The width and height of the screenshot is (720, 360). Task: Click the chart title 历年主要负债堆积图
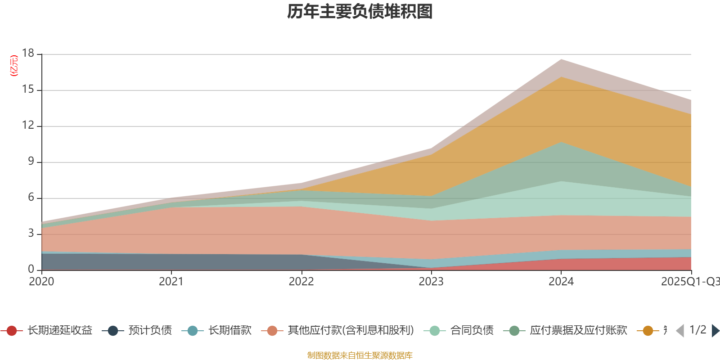click(360, 12)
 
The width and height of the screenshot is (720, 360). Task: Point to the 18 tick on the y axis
click(28, 53)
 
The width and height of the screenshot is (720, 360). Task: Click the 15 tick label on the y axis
click(28, 90)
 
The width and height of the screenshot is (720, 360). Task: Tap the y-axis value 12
click(28, 125)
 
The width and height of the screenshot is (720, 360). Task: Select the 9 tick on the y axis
click(31, 161)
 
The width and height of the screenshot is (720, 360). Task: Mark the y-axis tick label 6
click(31, 197)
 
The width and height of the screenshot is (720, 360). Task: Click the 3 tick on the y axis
click(31, 233)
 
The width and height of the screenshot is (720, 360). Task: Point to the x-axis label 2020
click(41, 282)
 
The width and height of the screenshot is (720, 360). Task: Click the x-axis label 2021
click(171, 282)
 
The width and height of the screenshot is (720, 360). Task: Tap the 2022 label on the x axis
click(301, 282)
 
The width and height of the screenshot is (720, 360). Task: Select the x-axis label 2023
click(431, 282)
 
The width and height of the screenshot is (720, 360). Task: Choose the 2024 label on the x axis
click(561, 282)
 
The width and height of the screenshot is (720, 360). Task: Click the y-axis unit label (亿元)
click(14, 66)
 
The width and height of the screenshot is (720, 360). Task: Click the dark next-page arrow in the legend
click(715, 331)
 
